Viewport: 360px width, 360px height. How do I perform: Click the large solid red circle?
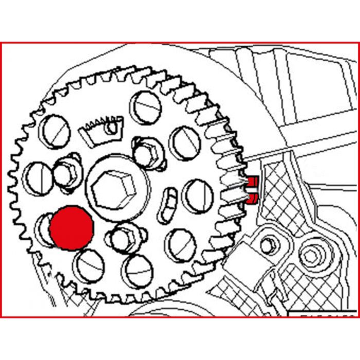pos(71,228)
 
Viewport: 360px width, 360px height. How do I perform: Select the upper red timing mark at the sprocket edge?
pos(251,182)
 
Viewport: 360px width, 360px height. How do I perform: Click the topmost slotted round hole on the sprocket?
pos(146,107)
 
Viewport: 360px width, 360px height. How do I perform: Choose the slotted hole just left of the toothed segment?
pos(55,131)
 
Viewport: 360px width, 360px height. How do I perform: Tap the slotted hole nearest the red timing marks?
pos(197,195)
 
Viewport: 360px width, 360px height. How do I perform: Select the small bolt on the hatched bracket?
pos(267,246)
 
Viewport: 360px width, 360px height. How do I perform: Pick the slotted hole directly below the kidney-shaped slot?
pos(181,243)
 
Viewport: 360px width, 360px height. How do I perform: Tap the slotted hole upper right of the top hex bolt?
pos(185,141)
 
